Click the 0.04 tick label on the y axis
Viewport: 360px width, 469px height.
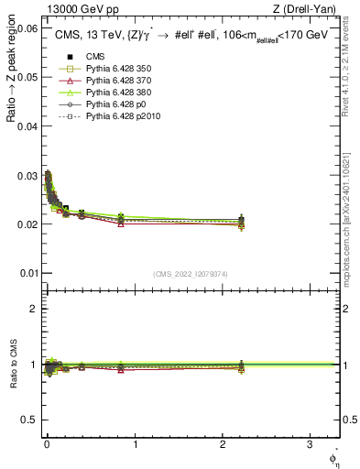[x=27, y=126]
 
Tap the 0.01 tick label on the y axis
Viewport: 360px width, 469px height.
[x=27, y=273]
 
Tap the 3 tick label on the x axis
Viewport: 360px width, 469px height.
[x=310, y=443]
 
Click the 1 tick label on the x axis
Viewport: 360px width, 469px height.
[x=135, y=443]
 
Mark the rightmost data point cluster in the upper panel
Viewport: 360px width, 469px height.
[x=241, y=222]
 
